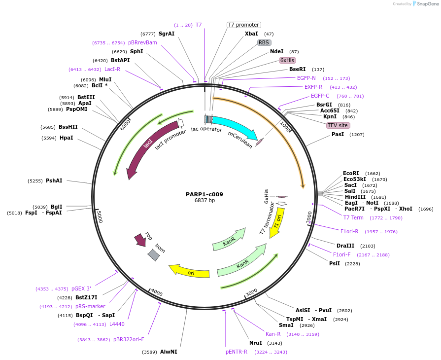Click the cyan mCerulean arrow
tap(234, 127)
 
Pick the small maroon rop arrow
tap(140, 240)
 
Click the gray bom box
tap(154, 254)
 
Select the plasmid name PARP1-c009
tap(204, 194)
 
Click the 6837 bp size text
tap(204, 201)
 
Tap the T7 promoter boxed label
tap(243, 25)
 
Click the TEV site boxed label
tap(338, 125)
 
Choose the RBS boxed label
tap(264, 42)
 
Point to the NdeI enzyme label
tap(276, 51)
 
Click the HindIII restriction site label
tap(355, 197)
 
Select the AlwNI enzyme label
tap(169, 352)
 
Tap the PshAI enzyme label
tap(54, 181)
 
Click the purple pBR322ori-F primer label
tap(129, 339)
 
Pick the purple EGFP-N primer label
tap(306, 78)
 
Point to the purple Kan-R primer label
tap(273, 334)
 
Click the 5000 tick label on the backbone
tap(99, 216)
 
